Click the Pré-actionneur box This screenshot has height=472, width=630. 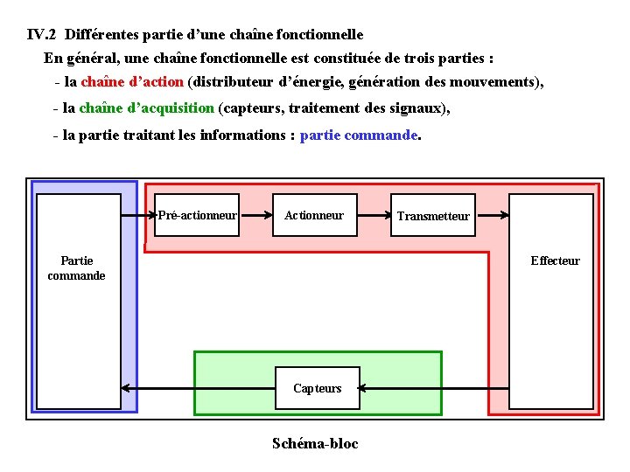coord(197,215)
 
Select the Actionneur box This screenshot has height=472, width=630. coord(314,215)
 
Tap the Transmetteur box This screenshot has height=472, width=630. coord(433,216)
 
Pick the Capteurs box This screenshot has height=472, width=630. coord(318,388)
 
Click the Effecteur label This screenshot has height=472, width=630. coord(555,260)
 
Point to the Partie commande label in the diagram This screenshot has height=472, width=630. coord(76,268)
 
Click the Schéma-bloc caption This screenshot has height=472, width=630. coord(315,443)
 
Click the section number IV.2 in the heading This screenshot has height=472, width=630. coord(43,36)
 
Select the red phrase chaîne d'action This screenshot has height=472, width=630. coord(132,82)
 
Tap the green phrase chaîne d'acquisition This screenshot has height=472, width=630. coord(146,108)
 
